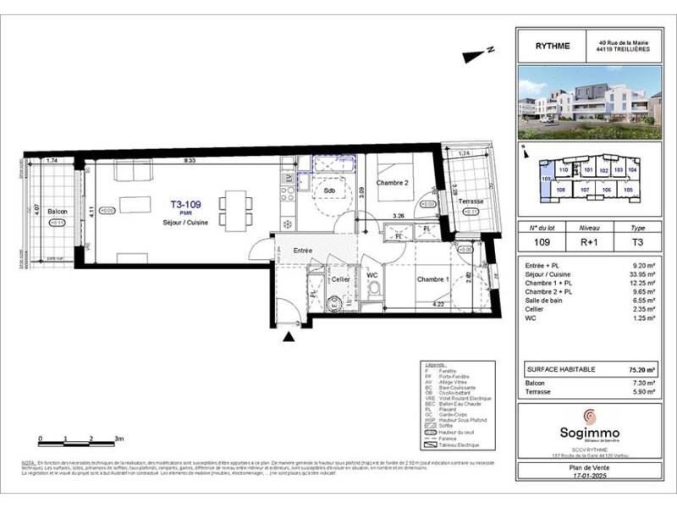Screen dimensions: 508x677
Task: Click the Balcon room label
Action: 57,211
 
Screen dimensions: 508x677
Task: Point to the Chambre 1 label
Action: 432,279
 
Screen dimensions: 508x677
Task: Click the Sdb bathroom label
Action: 321,191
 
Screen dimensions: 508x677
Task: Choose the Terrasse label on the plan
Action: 470,202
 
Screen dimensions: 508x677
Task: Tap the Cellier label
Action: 340,279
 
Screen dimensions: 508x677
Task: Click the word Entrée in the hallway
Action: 304,251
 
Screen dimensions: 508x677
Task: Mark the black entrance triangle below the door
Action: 289,337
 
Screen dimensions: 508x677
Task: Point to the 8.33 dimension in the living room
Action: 191,160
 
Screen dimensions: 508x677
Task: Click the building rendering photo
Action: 589,102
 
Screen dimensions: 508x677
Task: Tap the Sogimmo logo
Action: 589,419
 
